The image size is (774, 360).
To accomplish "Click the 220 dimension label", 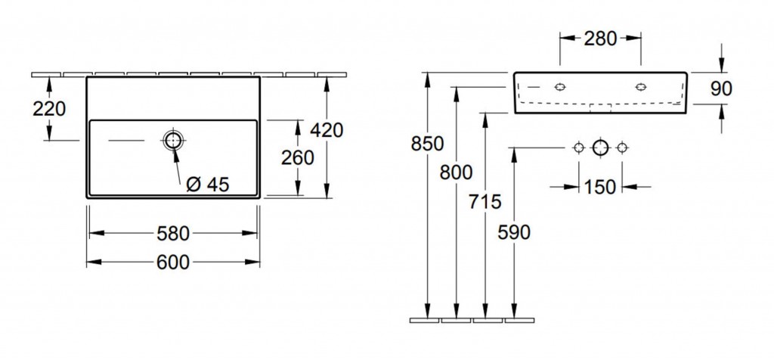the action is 49,109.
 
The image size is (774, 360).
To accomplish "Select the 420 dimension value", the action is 327,130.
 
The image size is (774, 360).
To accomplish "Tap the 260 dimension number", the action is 298,157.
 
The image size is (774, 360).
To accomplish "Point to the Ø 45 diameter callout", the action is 208,185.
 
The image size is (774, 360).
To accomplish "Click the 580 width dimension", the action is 173,234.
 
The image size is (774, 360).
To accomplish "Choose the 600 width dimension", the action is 173,262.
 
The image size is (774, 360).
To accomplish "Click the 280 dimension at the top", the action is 601,38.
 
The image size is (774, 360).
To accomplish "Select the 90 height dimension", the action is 721,89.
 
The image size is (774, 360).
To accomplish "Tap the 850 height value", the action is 428,144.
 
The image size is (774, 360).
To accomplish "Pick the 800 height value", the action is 456,172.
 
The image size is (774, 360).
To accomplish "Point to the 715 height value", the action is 485,201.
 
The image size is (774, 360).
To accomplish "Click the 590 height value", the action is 514,232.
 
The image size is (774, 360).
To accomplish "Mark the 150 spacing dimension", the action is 600,187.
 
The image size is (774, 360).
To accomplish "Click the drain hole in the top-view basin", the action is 173,140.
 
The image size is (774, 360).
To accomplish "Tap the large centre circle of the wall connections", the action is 600,147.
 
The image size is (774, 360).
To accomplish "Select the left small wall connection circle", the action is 578,147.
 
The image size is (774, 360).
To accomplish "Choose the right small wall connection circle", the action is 622,147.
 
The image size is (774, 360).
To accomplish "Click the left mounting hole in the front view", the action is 560,87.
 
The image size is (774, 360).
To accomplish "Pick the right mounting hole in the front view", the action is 641,87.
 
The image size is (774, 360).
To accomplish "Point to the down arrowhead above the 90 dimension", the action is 722,65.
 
